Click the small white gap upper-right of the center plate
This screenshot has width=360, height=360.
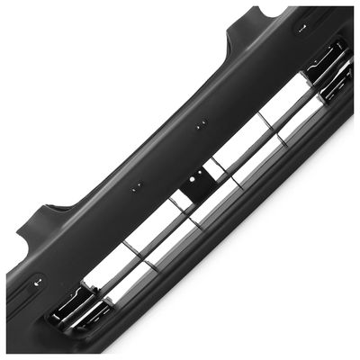(x=214, y=166)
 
